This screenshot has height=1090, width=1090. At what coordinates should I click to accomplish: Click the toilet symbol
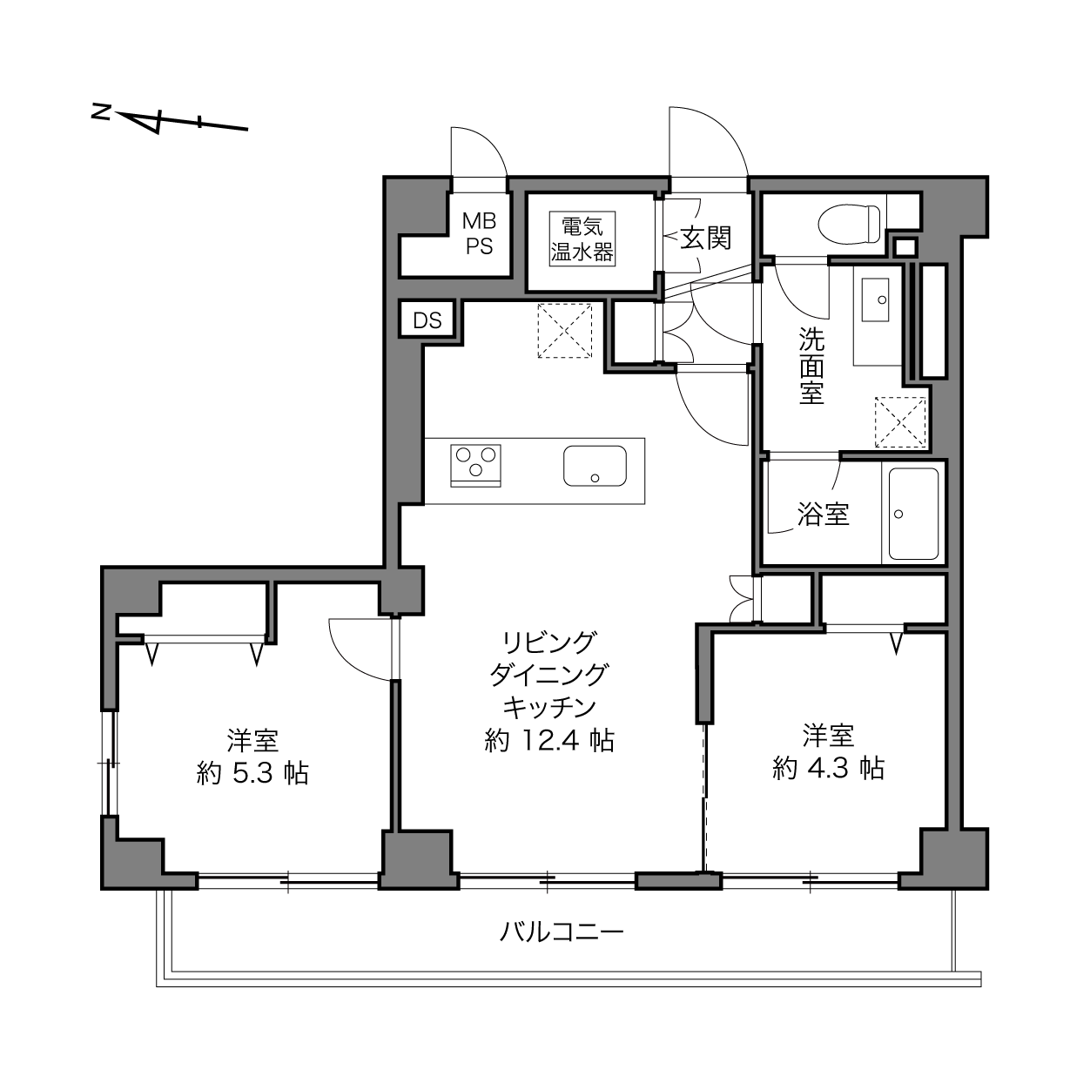[x=849, y=224]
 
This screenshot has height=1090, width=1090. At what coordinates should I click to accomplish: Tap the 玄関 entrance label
[x=705, y=238]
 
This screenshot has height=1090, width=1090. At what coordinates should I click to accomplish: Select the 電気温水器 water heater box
[x=582, y=239]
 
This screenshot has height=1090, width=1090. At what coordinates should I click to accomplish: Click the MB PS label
[x=479, y=233]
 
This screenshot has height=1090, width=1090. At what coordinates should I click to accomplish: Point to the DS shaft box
[x=427, y=320]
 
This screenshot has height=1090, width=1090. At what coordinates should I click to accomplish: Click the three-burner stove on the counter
[x=475, y=466]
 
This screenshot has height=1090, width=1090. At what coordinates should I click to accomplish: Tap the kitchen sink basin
[x=595, y=466]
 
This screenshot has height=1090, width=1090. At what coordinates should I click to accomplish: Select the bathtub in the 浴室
[x=913, y=515]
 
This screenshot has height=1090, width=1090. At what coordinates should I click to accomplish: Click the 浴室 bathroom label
[x=823, y=515]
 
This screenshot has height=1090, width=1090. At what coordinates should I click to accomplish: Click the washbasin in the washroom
[x=874, y=299]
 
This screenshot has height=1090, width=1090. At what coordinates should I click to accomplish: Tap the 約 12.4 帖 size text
[x=549, y=740]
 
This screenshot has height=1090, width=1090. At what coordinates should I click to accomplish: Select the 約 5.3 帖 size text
[x=252, y=773]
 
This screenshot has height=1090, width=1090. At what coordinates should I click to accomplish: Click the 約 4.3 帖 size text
[x=828, y=768]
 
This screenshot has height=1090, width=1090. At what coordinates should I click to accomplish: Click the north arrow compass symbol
[x=170, y=120]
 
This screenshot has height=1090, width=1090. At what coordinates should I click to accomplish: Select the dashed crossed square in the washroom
[x=900, y=422]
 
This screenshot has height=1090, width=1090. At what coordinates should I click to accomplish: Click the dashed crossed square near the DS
[x=564, y=330]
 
